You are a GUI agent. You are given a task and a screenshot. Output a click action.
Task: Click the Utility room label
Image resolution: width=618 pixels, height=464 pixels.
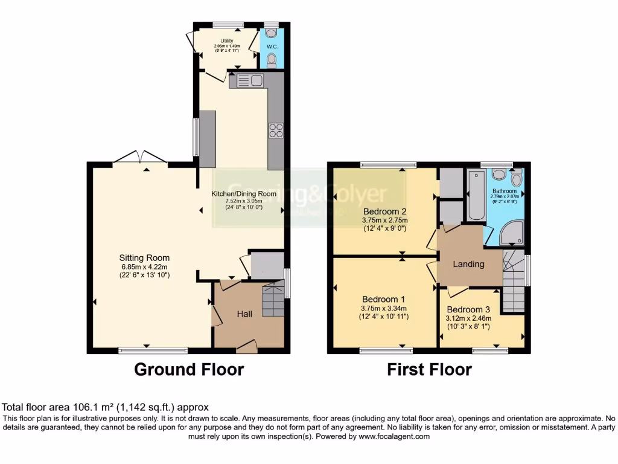tap(227, 40)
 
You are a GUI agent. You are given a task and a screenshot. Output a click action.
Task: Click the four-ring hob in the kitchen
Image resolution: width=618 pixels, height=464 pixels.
tap(276, 130)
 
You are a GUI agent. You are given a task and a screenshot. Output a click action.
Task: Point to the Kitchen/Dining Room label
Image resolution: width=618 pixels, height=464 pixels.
tap(243, 194)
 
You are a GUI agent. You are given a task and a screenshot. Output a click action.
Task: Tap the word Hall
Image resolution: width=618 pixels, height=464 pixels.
tap(244, 314)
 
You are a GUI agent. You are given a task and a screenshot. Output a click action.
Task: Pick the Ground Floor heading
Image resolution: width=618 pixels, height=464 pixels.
tap(188, 369)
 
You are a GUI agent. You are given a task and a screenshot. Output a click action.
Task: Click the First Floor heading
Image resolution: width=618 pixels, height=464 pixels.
tap(429, 369)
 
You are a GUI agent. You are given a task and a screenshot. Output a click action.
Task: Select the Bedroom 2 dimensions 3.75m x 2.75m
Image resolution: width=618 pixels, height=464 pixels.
tap(384, 221)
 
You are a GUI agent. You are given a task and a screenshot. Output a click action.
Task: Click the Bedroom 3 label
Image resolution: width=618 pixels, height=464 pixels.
tap(468, 309)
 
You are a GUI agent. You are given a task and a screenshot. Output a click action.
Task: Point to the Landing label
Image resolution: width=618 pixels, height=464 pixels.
tap(468, 264)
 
